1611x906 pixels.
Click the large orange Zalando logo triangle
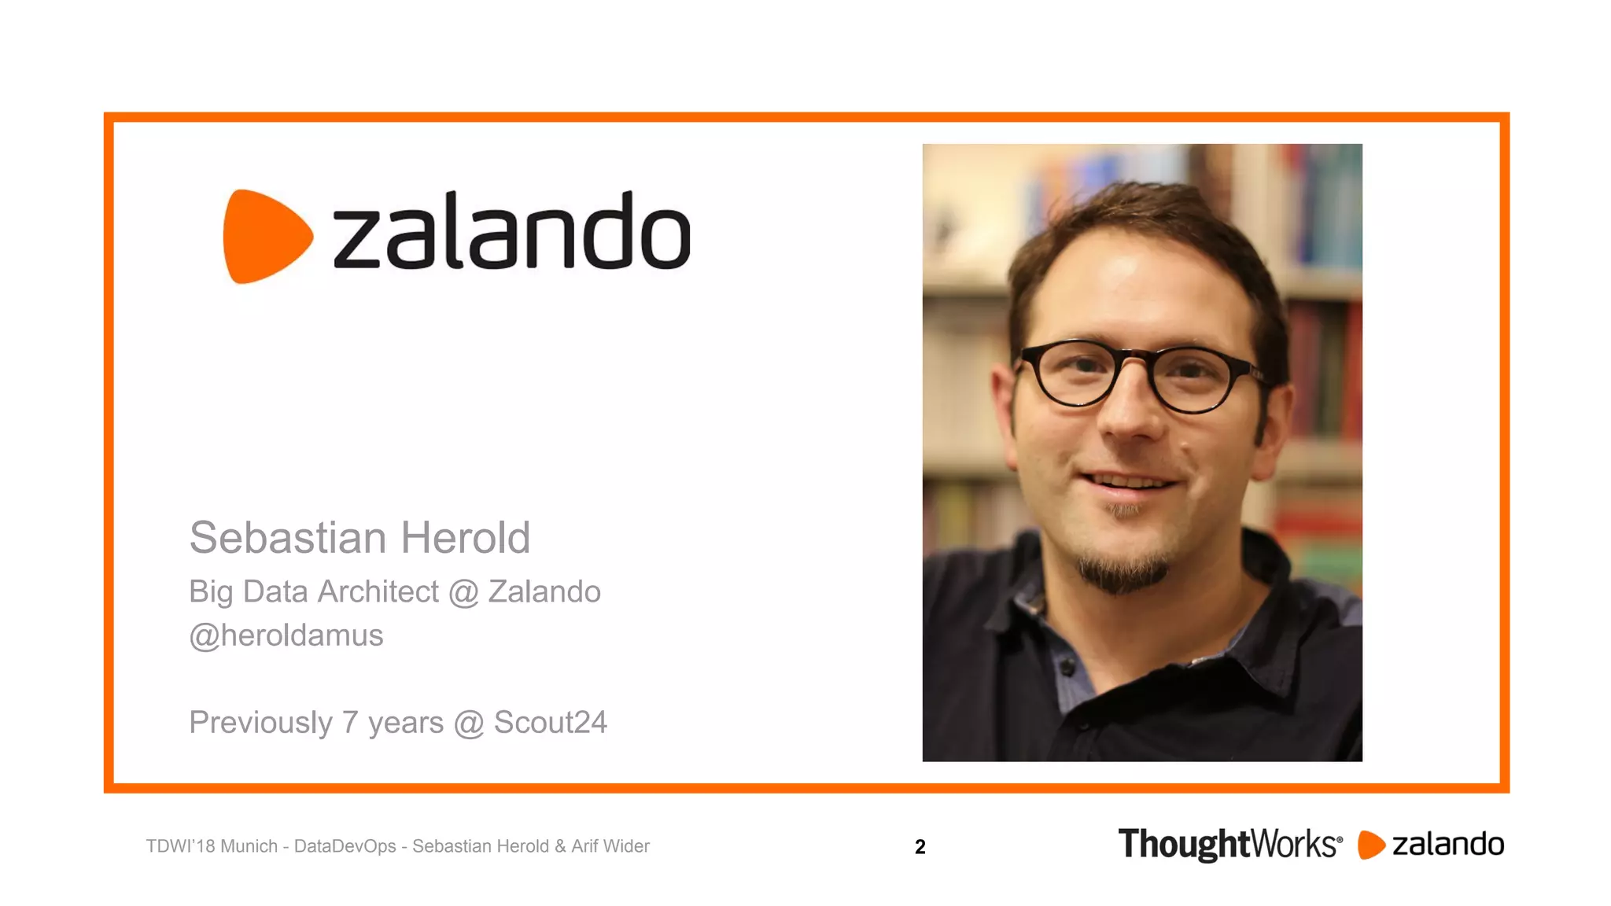coord(264,236)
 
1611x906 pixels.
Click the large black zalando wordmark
coord(511,232)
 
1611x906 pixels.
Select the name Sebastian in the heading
coord(288,538)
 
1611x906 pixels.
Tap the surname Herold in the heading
coord(466,538)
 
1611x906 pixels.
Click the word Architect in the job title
coord(378,591)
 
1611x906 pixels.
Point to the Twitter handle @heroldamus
coord(286,635)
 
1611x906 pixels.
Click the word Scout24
coord(551,723)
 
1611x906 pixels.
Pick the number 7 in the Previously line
coord(350,723)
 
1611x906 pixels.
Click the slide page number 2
coord(920,847)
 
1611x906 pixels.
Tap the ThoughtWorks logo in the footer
coord(1229,845)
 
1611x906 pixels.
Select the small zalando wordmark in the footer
coord(1448,845)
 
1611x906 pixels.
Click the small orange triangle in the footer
coord(1370,845)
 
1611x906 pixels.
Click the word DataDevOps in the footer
coord(345,846)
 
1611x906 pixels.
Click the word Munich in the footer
coord(249,846)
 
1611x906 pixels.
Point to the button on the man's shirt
coord(1067,666)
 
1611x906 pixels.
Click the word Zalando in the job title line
coord(544,591)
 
